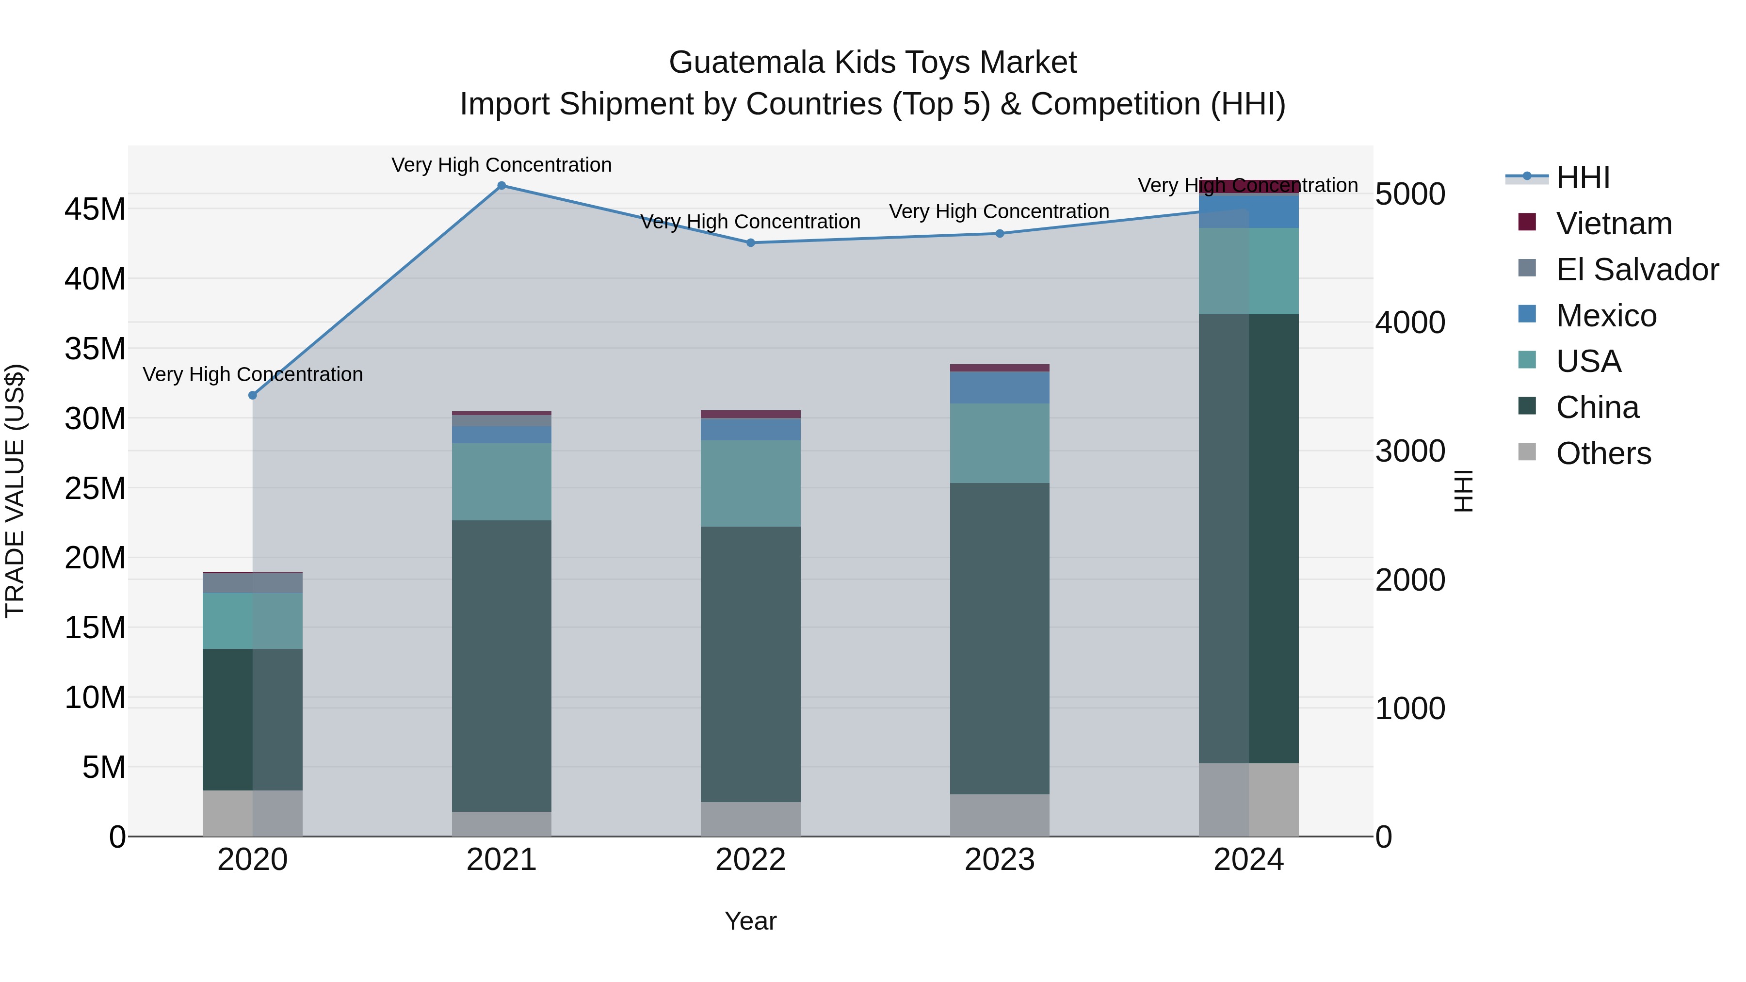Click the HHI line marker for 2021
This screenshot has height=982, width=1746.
tap(501, 186)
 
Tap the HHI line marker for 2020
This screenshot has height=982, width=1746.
tap(253, 395)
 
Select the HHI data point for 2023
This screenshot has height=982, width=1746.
tap(1000, 234)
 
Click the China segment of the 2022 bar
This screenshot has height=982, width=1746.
tap(750, 664)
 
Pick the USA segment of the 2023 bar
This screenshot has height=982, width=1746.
tap(1000, 443)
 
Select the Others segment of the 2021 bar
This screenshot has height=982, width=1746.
tap(501, 824)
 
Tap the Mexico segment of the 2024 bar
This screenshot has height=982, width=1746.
tap(1248, 211)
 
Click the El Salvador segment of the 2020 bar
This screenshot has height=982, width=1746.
tap(253, 583)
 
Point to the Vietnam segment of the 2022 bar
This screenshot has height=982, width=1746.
tap(750, 414)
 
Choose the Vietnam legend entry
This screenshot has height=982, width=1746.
tap(1614, 224)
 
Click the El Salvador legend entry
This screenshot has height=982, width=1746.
tap(1637, 270)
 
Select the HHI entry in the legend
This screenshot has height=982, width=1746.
tap(1583, 177)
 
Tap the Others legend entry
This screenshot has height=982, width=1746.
tap(1603, 453)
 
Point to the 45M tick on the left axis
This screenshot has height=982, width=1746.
tap(95, 209)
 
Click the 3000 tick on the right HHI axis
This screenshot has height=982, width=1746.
tap(1410, 451)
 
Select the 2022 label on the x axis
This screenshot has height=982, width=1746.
tap(750, 860)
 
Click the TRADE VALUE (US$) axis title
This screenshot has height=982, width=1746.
tap(15, 491)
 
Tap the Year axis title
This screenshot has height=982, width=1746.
tap(750, 921)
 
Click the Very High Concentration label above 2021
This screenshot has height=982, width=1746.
tap(501, 165)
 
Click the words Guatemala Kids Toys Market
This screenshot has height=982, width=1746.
tap(873, 63)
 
